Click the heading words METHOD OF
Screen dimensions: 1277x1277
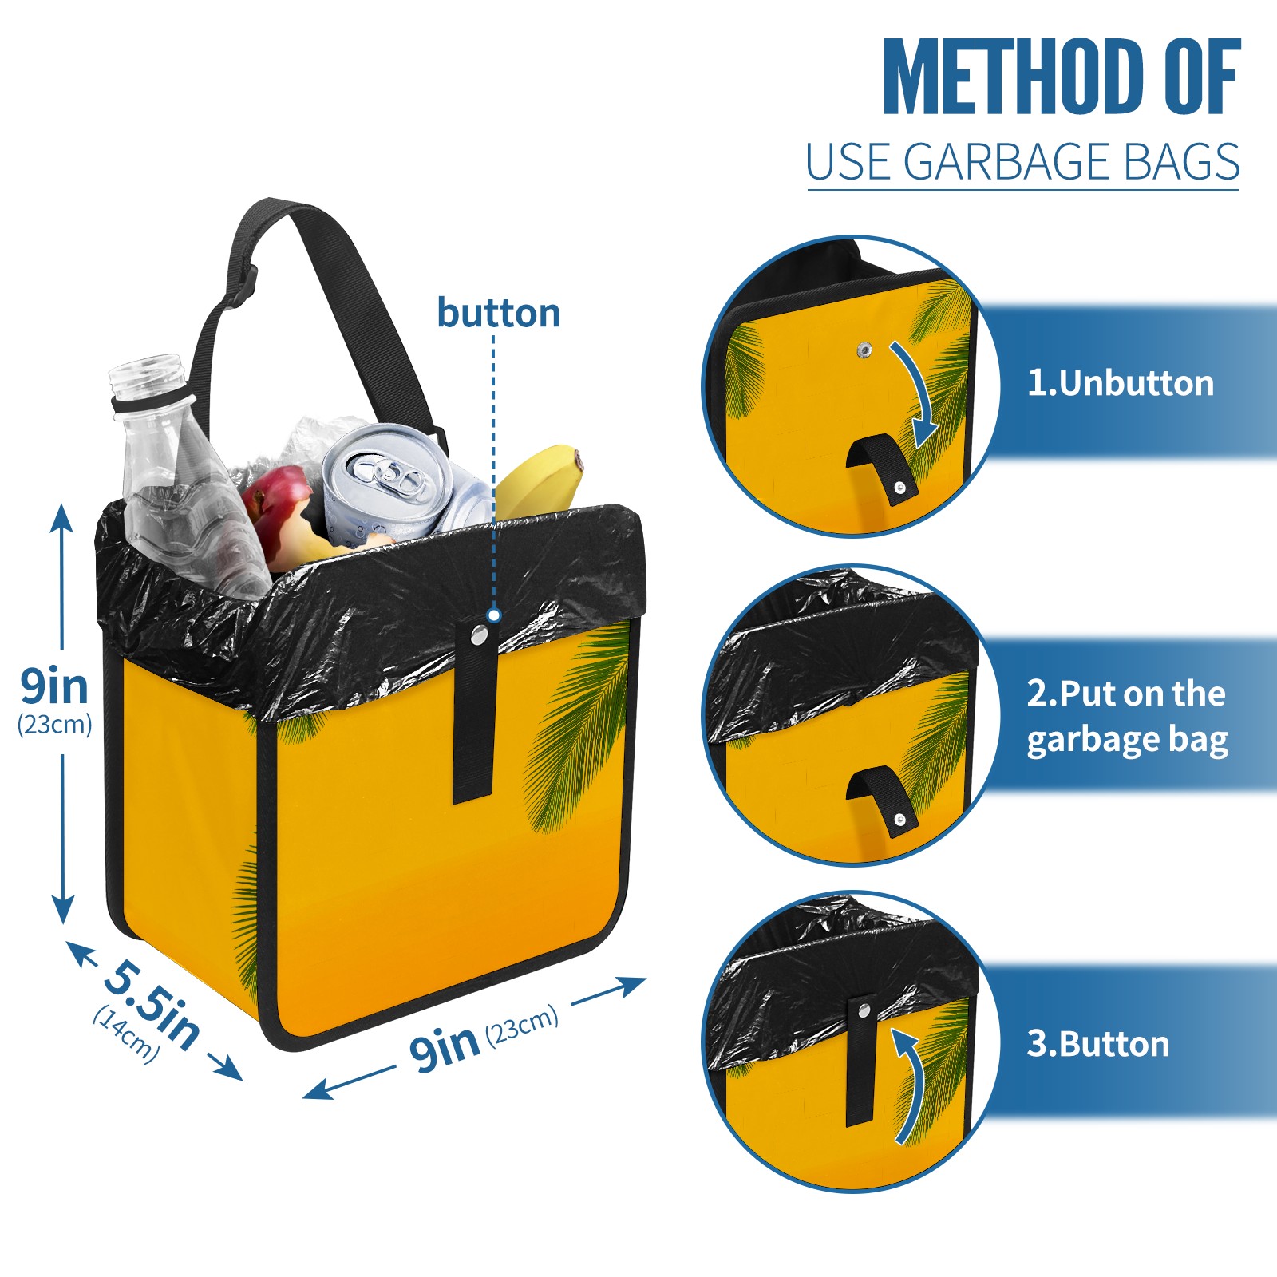pos(1062,77)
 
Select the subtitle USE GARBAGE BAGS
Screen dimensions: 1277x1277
pos(1022,162)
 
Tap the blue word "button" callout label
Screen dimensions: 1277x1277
pos(499,313)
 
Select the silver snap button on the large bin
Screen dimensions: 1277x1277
pos(479,635)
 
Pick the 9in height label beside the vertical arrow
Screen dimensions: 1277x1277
pos(54,686)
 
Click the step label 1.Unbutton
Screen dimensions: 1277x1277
pos(1121,383)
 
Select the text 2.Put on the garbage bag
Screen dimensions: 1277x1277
pos(1127,716)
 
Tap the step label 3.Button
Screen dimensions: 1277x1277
pos(1098,1044)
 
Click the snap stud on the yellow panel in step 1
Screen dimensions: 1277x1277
pos(864,350)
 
